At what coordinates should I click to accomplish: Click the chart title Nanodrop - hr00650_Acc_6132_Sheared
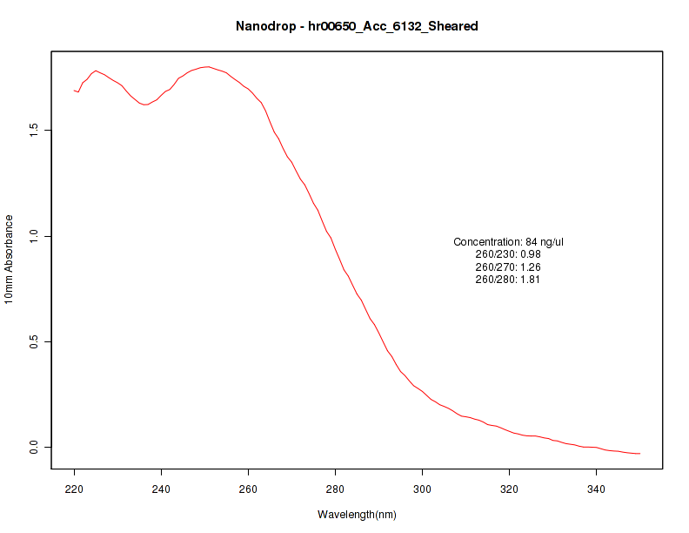357,26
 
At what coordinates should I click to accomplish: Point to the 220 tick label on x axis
75,489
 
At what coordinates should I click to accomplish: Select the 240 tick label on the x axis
162,489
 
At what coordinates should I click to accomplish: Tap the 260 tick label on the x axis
249,489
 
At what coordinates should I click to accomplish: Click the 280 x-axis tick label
336,489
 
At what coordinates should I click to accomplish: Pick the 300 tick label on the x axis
423,489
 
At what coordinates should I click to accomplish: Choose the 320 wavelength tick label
510,489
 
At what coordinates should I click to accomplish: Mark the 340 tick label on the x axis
597,489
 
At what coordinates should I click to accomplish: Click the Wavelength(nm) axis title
357,515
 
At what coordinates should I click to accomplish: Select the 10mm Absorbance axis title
9,260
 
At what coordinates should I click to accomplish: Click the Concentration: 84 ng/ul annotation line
509,241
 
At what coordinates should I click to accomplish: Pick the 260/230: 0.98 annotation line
509,254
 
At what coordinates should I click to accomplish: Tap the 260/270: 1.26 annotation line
509,266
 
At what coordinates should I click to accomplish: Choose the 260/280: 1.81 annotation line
509,280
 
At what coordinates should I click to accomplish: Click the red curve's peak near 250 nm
207,66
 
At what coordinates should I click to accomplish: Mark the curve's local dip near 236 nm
144,105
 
